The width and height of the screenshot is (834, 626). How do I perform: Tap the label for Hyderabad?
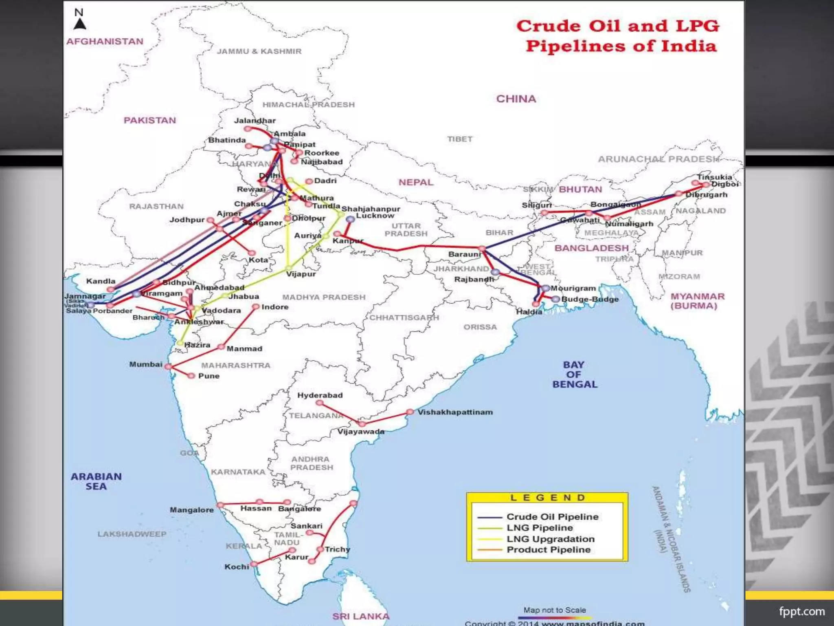tap(320, 395)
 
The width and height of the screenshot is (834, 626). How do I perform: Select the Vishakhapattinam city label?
tap(455, 412)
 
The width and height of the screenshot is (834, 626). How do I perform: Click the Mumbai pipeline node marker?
tap(168, 366)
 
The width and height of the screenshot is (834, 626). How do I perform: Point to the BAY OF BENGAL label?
tap(574, 375)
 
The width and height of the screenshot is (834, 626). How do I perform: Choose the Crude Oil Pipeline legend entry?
tap(552, 517)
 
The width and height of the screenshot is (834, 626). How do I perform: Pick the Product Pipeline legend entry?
tap(548, 550)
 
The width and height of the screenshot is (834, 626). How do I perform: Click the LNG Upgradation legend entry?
tap(550, 539)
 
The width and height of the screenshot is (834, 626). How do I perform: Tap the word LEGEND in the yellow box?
tap(547, 498)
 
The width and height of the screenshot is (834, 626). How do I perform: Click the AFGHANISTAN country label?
tap(105, 42)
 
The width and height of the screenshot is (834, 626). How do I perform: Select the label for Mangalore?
tap(191, 510)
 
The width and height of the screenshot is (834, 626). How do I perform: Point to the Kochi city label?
tap(237, 567)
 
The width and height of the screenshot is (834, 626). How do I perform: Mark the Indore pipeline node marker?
tap(256, 306)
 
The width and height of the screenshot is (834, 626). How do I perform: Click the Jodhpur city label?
tap(187, 220)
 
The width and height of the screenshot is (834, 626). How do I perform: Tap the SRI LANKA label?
tap(361, 616)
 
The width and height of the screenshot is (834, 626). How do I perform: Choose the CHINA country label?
tap(516, 99)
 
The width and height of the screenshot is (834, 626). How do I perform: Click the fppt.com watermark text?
tap(801, 611)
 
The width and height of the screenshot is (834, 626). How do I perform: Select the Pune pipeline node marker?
tap(191, 376)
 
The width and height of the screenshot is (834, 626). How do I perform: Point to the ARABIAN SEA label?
tap(96, 481)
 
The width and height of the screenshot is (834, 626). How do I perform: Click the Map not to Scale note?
tap(554, 610)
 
